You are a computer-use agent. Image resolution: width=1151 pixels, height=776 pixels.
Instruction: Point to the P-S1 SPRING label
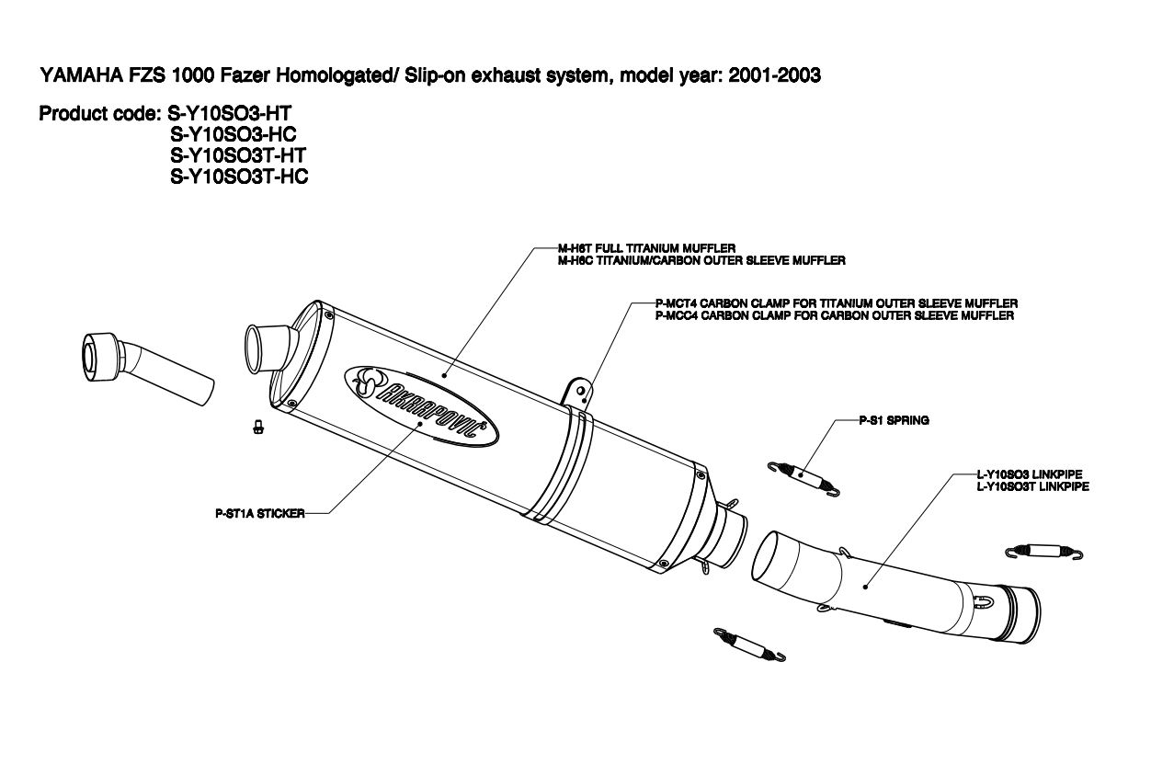tap(894, 420)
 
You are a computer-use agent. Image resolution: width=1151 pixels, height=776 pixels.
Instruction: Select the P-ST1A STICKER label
tap(255, 514)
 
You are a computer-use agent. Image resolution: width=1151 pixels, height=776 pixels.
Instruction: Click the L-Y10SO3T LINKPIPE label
tap(1032, 486)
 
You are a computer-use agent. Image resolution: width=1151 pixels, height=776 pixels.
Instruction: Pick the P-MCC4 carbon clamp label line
tap(835, 315)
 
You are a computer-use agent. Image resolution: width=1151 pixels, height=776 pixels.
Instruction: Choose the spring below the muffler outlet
tap(749, 645)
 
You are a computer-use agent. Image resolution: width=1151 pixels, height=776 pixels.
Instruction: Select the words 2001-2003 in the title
tap(774, 76)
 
